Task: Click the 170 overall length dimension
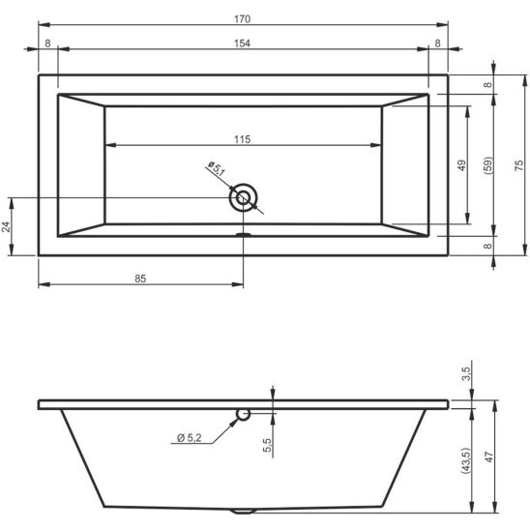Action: coord(243,19)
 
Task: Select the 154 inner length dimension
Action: coord(243,44)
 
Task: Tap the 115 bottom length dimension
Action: coord(243,139)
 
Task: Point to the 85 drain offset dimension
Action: coord(140,279)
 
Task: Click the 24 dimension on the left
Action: coord(6,227)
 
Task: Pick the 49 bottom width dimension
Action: coord(461,165)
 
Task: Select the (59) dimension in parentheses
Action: coord(488,165)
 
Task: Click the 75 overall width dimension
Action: coord(519,165)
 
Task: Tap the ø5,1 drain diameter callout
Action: coord(217,169)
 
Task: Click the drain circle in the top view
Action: coord(243,197)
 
